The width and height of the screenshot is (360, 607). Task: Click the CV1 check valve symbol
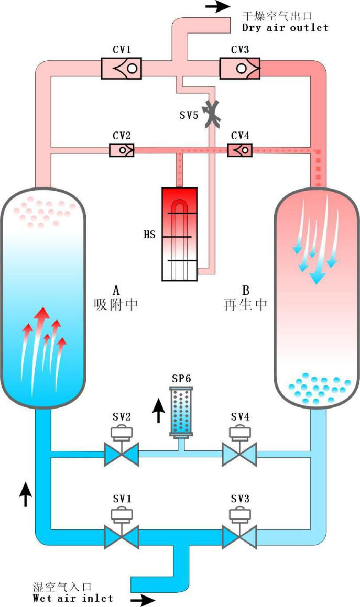(x=122, y=68)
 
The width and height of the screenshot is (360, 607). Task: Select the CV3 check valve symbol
(x=239, y=68)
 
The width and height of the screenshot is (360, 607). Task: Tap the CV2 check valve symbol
(x=122, y=150)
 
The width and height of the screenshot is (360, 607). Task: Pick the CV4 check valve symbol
(x=240, y=150)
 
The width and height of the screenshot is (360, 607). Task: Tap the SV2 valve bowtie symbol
(x=121, y=454)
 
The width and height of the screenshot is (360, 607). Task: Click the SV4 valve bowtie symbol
(x=239, y=454)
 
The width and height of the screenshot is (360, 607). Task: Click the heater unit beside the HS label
(x=179, y=233)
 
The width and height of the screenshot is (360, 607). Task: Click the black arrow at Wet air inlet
(x=143, y=600)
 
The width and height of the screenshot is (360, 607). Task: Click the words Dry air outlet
(x=285, y=27)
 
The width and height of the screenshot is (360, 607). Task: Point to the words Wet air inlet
(x=73, y=598)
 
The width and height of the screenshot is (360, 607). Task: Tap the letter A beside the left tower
(x=116, y=290)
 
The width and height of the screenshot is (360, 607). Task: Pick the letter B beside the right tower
(x=246, y=290)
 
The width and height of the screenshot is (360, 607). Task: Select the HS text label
(x=150, y=234)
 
